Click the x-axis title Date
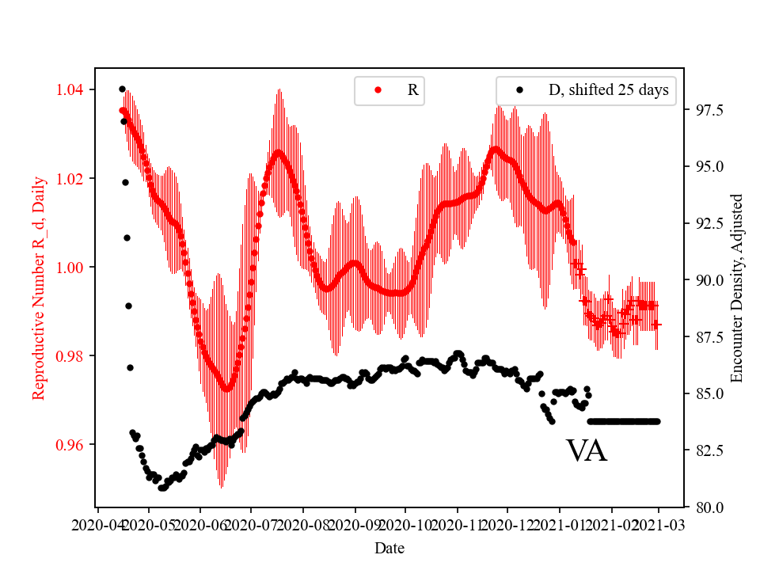click(389, 547)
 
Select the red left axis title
click(38, 287)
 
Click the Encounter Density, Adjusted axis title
click(737, 287)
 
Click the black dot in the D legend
click(520, 90)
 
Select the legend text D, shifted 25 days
click(608, 90)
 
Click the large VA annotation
click(587, 451)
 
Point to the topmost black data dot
click(122, 89)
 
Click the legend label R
click(412, 90)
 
